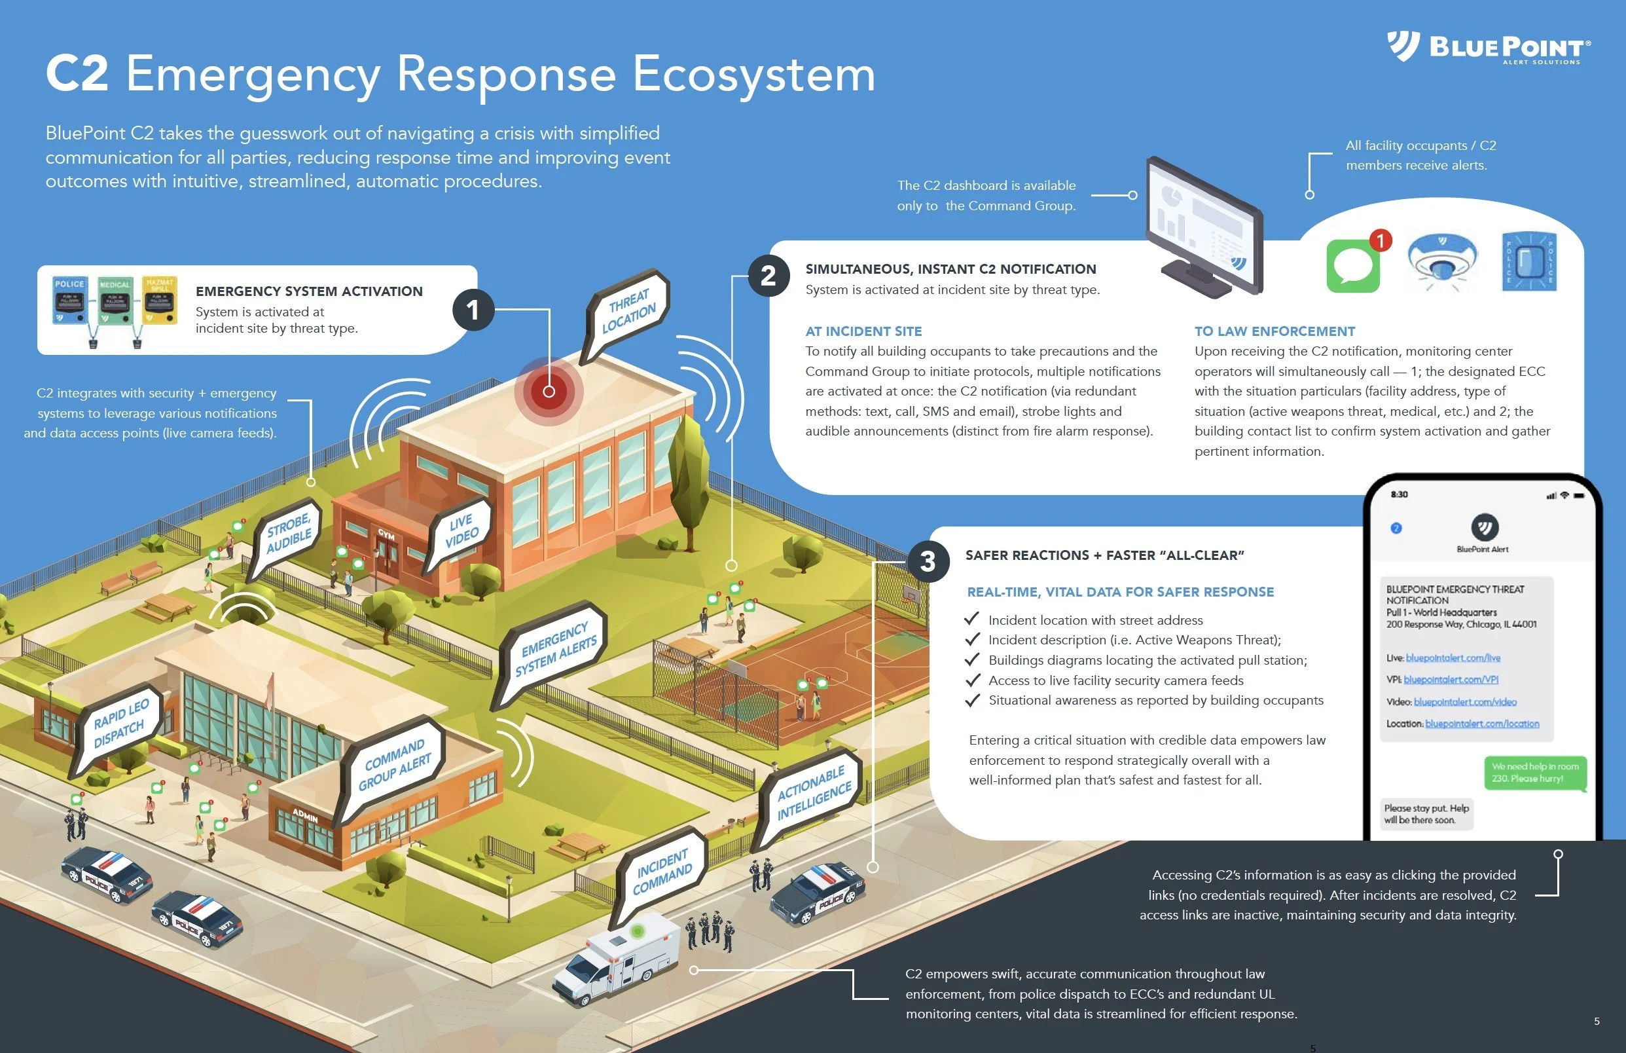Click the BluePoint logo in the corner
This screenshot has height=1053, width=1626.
[1488, 47]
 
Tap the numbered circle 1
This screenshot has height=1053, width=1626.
[473, 310]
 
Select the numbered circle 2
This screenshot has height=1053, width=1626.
[768, 276]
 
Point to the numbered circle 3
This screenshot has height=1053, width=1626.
[927, 561]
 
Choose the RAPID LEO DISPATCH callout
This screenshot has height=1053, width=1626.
[120, 724]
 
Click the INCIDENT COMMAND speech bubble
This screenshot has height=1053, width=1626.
[661, 872]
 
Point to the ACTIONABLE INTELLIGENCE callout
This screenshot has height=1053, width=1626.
[813, 792]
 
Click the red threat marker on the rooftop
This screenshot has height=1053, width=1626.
[549, 392]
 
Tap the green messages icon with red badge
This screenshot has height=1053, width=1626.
[1354, 265]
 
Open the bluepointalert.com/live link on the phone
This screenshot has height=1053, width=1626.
[1453, 658]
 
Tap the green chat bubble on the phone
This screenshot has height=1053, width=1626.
[1534, 773]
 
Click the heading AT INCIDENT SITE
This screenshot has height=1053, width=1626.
[863, 331]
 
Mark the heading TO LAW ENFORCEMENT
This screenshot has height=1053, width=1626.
[1274, 331]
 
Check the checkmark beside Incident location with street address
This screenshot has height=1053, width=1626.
[971, 618]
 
